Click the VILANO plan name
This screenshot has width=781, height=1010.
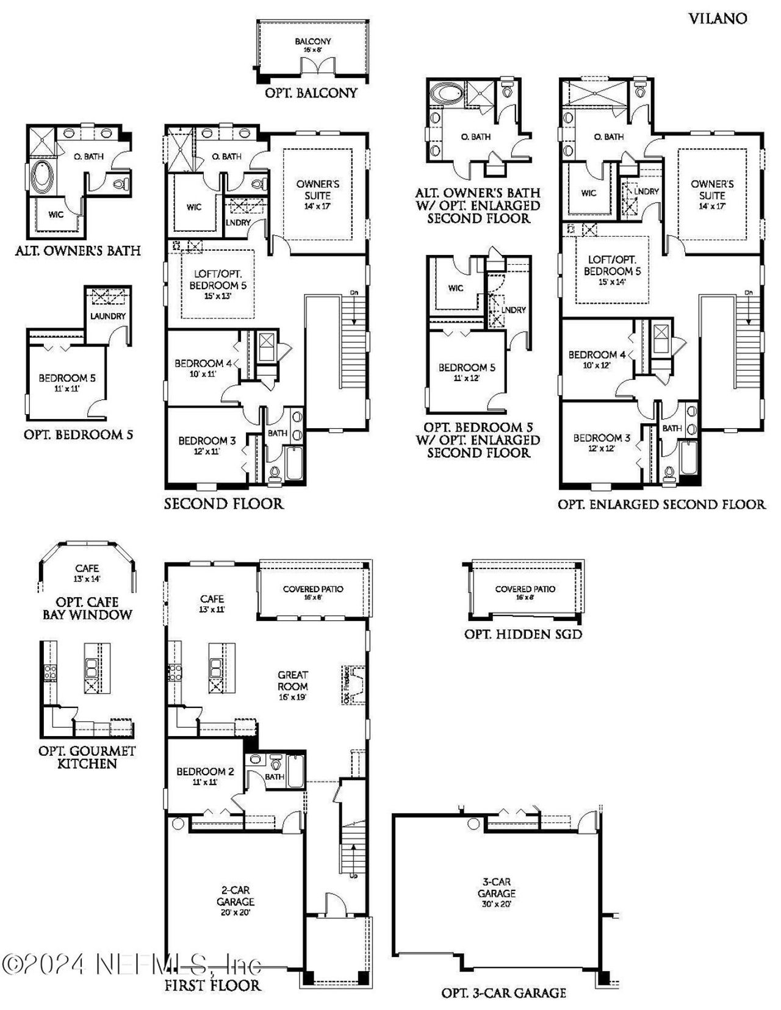click(x=718, y=18)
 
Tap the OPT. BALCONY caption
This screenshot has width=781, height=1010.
click(x=311, y=93)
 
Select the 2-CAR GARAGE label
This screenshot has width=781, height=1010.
click(x=235, y=895)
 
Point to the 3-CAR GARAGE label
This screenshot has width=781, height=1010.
click(x=496, y=887)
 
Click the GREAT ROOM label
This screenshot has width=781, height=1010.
click(x=293, y=680)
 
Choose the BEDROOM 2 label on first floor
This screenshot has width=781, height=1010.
click(x=205, y=772)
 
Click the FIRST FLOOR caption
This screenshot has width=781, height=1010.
click(x=212, y=985)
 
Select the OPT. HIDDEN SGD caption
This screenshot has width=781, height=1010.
click(x=523, y=634)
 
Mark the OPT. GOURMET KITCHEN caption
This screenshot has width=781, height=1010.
click(x=87, y=757)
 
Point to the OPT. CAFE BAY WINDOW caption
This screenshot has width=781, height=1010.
click(x=87, y=608)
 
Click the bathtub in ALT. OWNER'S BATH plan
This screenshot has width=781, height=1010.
click(x=41, y=176)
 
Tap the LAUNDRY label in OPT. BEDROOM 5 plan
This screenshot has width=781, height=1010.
click(x=108, y=316)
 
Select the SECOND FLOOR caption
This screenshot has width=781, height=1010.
click(x=223, y=504)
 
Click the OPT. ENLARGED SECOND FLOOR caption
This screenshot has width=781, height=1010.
click(x=661, y=504)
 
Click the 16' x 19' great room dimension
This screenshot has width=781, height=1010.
click(x=293, y=697)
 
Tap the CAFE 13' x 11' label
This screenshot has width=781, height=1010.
click(x=212, y=603)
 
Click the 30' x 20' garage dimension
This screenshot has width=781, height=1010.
click(x=496, y=904)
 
